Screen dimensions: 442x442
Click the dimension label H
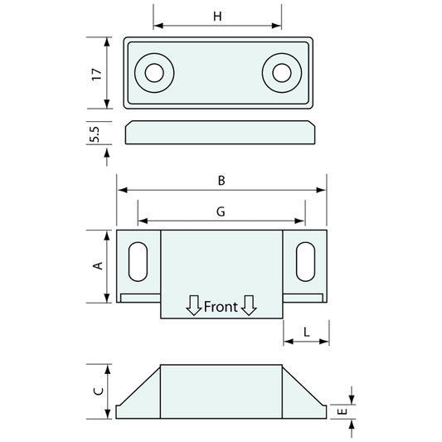(217, 16)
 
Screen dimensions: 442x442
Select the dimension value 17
(97, 74)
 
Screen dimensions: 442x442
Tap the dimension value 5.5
(97, 133)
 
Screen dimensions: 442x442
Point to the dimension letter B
(221, 179)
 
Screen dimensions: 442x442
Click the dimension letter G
(221, 211)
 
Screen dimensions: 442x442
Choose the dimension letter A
(97, 265)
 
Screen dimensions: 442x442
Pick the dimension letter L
(306, 332)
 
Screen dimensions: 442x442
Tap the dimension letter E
(341, 410)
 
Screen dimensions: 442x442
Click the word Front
(221, 307)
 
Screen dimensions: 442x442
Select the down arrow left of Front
(193, 305)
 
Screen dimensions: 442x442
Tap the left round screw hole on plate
(153, 73)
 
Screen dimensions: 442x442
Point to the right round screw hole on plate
(280, 73)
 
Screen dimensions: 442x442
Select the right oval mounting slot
(305, 260)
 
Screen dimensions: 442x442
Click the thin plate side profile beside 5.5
(221, 133)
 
